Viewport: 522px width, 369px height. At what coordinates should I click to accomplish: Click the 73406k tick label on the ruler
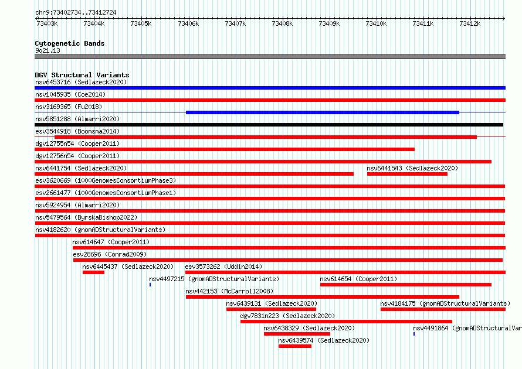(x=188, y=23)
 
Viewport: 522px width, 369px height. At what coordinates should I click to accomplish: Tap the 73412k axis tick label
(x=470, y=23)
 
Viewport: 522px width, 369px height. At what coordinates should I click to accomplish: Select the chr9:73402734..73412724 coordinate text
(x=76, y=13)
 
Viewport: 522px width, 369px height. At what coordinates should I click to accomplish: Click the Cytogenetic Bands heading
(x=70, y=43)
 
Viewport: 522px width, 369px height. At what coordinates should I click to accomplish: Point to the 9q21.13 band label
(x=48, y=50)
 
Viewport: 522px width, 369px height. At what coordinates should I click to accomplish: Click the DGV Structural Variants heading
(x=82, y=75)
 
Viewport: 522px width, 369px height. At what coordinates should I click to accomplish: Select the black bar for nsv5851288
(x=269, y=125)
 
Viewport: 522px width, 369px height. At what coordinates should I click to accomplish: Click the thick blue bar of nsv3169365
(x=323, y=112)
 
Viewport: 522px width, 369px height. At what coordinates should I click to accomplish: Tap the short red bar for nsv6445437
(x=93, y=272)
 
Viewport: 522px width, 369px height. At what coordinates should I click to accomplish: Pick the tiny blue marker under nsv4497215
(x=150, y=285)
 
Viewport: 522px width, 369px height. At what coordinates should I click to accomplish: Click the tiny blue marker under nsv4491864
(x=414, y=334)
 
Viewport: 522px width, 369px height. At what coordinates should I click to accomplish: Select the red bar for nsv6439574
(x=295, y=346)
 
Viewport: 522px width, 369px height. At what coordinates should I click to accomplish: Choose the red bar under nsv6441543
(x=407, y=174)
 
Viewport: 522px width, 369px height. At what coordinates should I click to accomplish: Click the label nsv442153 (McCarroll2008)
(x=229, y=291)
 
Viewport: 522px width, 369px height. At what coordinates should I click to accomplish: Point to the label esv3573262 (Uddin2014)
(x=223, y=266)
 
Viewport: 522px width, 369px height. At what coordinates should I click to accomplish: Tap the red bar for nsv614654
(x=406, y=285)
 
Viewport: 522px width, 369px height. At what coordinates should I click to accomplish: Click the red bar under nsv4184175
(x=443, y=309)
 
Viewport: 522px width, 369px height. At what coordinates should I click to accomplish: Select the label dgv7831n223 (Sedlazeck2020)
(x=287, y=316)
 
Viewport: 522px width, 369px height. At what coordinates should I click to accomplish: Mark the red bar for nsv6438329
(x=297, y=334)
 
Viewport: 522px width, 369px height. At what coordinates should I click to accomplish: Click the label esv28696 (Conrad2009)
(x=110, y=254)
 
